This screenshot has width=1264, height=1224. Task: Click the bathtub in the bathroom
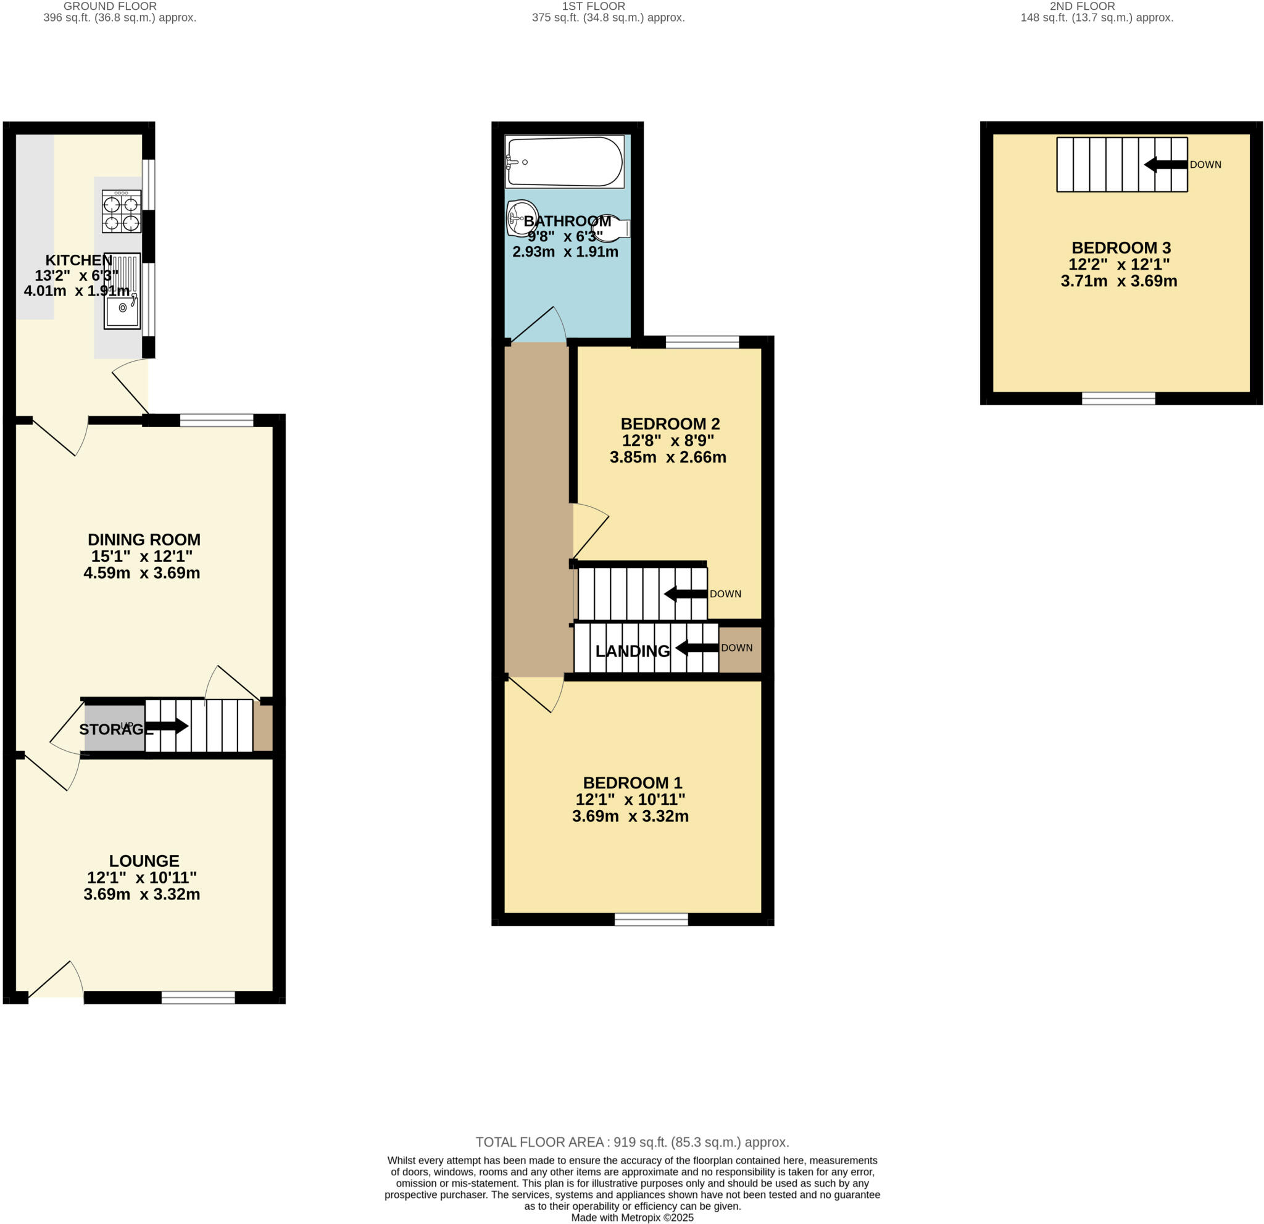[x=564, y=161]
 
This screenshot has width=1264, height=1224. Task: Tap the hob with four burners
[x=121, y=211]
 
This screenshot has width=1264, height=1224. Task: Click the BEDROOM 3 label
[x=1121, y=247]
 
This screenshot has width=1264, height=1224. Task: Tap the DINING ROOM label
[x=144, y=539]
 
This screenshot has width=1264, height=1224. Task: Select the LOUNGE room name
[x=144, y=861]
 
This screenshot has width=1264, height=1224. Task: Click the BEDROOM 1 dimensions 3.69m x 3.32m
[x=630, y=816]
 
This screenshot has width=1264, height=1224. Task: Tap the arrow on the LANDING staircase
[x=696, y=647]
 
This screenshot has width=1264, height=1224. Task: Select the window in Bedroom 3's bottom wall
[x=1118, y=399]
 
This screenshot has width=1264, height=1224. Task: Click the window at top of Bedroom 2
[x=702, y=342]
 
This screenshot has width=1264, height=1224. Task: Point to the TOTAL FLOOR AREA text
[x=632, y=1142]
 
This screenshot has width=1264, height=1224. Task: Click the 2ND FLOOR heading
[x=1082, y=6]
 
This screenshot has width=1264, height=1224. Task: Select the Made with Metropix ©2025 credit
[x=632, y=1218]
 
